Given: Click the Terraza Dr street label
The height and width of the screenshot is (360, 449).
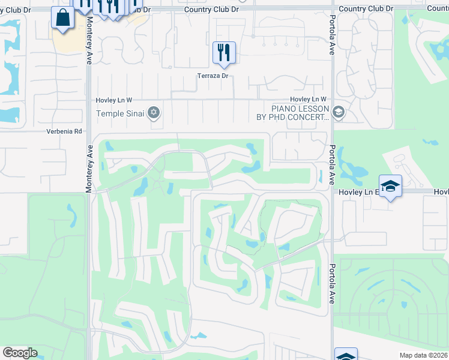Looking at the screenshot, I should pyautogui.click(x=213, y=76).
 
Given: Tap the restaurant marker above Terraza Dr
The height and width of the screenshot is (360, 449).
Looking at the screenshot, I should pyautogui.click(x=224, y=53).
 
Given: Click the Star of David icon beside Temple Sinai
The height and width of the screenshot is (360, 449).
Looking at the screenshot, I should pyautogui.click(x=154, y=112).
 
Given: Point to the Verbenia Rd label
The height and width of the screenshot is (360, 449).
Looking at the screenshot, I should pyautogui.click(x=64, y=131).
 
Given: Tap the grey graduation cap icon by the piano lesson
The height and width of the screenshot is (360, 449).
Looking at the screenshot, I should pyautogui.click(x=338, y=112).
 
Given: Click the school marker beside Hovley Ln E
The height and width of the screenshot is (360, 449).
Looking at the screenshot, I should pyautogui.click(x=390, y=186).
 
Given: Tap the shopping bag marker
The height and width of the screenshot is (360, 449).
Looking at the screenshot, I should pyautogui.click(x=63, y=17).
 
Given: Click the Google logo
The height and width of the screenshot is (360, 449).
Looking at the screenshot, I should pyautogui.click(x=20, y=353).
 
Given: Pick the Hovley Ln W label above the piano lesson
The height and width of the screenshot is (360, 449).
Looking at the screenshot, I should pyautogui.click(x=308, y=99).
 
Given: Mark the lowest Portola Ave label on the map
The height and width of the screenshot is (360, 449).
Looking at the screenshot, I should pyautogui.click(x=331, y=290).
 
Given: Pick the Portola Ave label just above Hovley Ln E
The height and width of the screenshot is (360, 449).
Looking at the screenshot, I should pyautogui.click(x=331, y=163).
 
